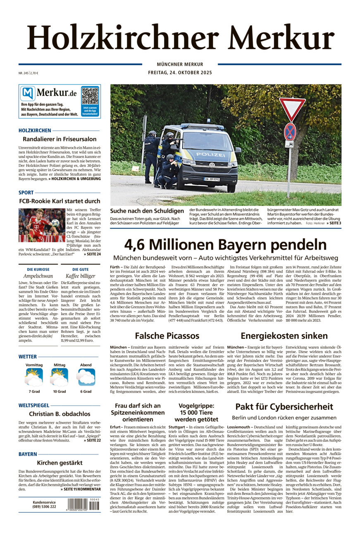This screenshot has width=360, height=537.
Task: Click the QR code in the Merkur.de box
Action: pyautogui.click(x=90, y=95)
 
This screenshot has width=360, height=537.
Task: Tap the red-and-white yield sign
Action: pyautogui.click(x=292, y=109)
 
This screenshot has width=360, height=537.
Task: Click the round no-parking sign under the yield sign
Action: pyautogui.click(x=290, y=131)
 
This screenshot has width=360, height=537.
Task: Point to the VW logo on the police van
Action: pyautogui.click(x=212, y=165)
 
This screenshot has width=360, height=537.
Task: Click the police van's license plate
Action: pyautogui.click(x=212, y=179)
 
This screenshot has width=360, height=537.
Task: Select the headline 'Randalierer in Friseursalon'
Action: pyautogui.click(x=60, y=139)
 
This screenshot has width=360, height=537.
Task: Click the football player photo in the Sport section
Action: pyautogui.click(x=42, y=225)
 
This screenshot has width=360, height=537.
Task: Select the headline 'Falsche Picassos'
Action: pyautogui.click(x=167, y=335)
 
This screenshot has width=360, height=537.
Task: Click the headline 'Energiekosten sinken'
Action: pyautogui.click(x=284, y=335)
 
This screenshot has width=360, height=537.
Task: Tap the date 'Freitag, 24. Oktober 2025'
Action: pyautogui.click(x=180, y=73)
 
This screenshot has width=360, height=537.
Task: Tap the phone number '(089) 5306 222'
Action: pyautogui.click(x=44, y=506)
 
